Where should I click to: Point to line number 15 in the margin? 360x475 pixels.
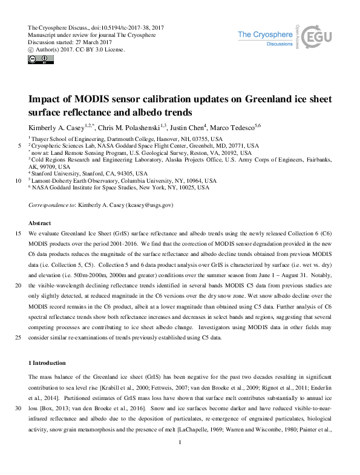coord(19,233)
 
